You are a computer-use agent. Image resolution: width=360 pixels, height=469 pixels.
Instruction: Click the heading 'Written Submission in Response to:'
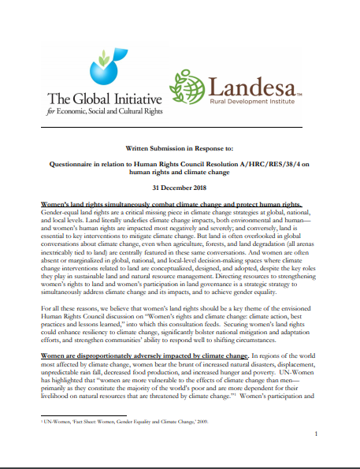click(x=180, y=147)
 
